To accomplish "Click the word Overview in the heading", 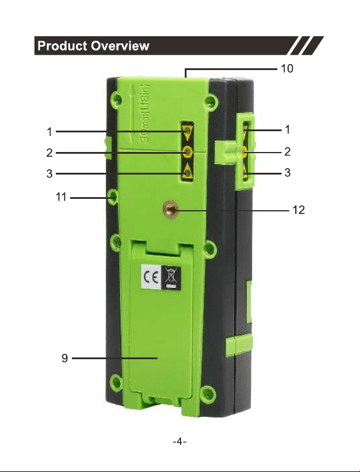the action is (x=120, y=46).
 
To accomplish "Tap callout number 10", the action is (x=287, y=69).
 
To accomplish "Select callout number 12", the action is (x=299, y=210).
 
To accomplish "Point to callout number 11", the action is (x=61, y=197).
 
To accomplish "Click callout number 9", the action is (x=65, y=358).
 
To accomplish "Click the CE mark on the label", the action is (x=151, y=277).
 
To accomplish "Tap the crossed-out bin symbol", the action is (x=171, y=278).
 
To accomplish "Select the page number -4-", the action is (x=179, y=442).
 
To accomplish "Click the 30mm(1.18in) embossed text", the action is (x=144, y=113).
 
